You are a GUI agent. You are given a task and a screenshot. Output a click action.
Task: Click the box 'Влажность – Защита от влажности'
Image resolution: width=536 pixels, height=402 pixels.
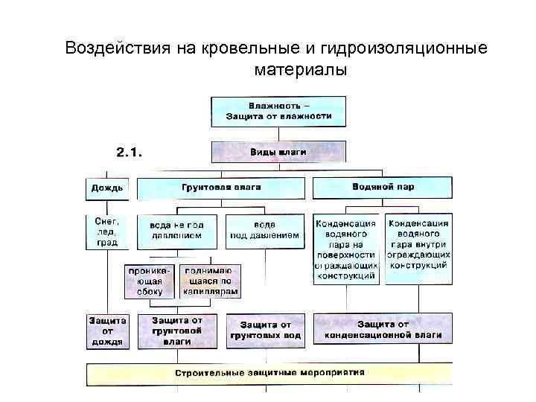click(279, 109)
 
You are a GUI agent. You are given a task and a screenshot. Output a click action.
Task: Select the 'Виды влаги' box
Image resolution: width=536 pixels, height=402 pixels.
click(279, 151)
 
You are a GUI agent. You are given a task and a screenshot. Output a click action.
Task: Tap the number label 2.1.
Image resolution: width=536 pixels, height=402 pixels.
click(130, 152)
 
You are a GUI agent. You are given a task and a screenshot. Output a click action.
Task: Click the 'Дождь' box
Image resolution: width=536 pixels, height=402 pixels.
click(108, 187)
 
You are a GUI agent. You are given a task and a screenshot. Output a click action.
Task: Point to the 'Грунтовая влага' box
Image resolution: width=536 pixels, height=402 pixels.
click(221, 187)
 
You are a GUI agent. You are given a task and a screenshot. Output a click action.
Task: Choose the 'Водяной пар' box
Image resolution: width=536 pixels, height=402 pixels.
click(382, 187)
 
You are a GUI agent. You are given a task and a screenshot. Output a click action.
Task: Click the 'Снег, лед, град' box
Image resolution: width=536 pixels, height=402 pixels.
click(108, 232)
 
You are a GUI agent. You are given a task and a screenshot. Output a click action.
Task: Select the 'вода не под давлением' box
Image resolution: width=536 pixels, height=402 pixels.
click(176, 230)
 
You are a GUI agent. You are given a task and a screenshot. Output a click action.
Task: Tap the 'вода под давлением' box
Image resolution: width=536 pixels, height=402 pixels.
click(265, 230)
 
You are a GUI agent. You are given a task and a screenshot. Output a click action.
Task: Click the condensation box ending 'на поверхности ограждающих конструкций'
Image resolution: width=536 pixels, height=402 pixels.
click(346, 249)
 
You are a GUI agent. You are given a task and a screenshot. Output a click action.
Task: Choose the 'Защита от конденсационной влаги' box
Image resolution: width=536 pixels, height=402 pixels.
click(383, 331)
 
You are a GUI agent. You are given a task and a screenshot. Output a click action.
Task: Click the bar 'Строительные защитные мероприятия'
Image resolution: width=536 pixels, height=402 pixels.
click(269, 372)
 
